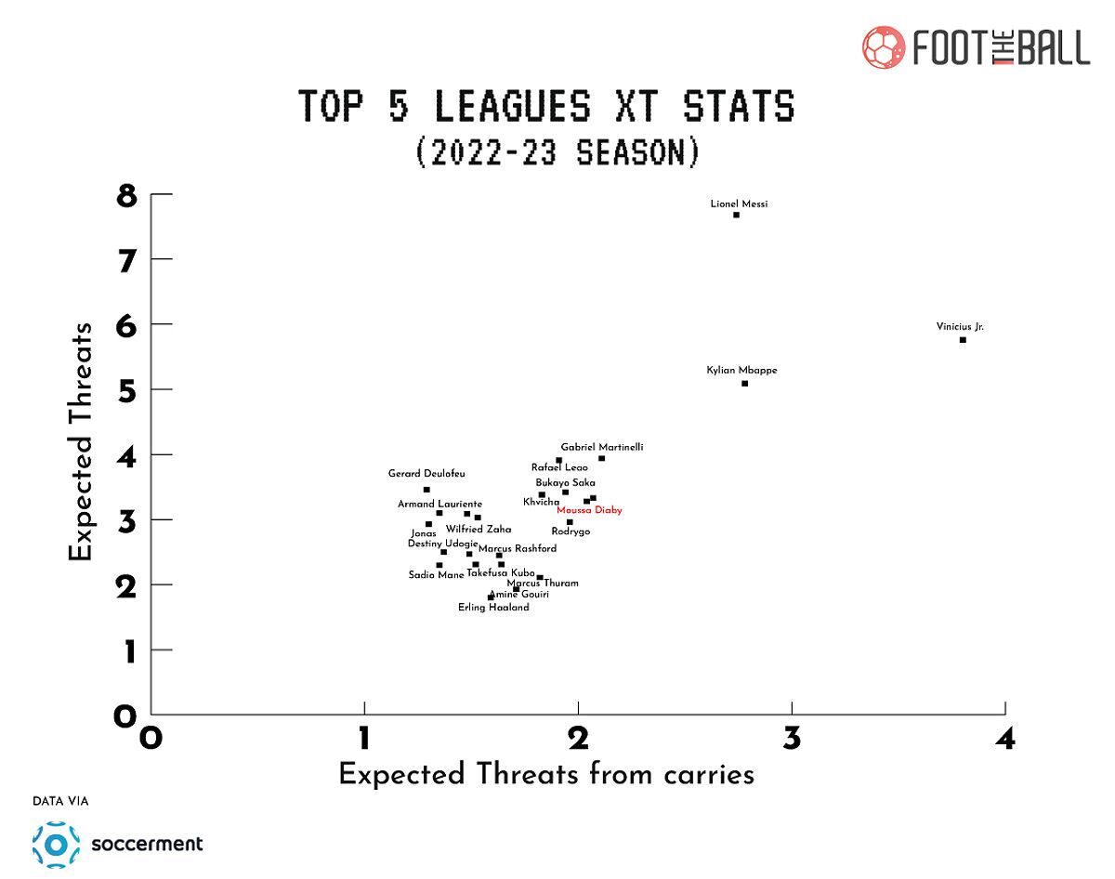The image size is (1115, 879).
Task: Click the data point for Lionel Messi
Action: [736, 215]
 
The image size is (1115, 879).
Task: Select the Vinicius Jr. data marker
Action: [963, 340]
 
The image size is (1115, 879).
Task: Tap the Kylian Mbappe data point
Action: [744, 384]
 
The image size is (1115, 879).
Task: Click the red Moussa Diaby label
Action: [589, 510]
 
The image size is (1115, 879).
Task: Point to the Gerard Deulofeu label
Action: [426, 474]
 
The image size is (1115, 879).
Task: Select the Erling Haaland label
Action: [494, 608]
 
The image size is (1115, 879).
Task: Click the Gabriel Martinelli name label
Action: [601, 447]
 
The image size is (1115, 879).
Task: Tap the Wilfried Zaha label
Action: [479, 530]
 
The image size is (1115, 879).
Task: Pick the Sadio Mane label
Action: [436, 575]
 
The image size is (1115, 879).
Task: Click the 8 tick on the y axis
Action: [126, 196]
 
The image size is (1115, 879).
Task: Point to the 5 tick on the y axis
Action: [126, 390]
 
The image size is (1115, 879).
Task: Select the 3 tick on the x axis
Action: [792, 738]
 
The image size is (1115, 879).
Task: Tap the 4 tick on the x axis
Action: [1005, 738]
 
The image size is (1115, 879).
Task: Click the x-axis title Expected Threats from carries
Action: [545, 775]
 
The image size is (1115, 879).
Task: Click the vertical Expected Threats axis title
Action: [82, 441]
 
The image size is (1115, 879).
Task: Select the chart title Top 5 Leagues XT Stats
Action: [547, 106]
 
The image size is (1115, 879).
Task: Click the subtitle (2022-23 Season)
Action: [557, 151]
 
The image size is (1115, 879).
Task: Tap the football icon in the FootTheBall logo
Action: [884, 46]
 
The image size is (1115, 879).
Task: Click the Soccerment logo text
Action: [147, 844]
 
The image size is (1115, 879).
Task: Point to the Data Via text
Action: [60, 801]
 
